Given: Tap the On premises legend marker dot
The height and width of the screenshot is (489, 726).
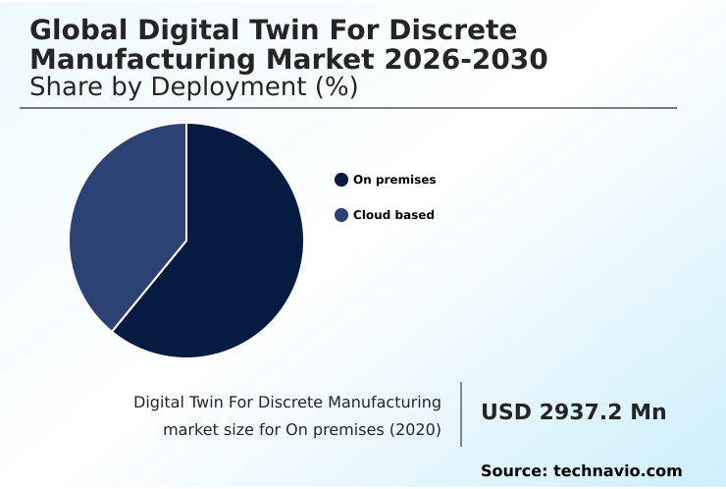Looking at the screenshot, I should pos(341,180).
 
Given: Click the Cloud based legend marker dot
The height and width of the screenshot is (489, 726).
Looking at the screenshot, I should pos(341,215).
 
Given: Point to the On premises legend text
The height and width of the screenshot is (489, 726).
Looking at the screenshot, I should pos(394,180).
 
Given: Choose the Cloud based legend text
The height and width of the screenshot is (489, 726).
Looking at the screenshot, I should pos(393,215).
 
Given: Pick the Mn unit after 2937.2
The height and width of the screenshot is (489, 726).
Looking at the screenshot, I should pos(648,412).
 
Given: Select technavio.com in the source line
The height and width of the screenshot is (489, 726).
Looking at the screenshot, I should pos(618,471).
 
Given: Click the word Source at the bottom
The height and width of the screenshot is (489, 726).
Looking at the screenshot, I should pos(514,471).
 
